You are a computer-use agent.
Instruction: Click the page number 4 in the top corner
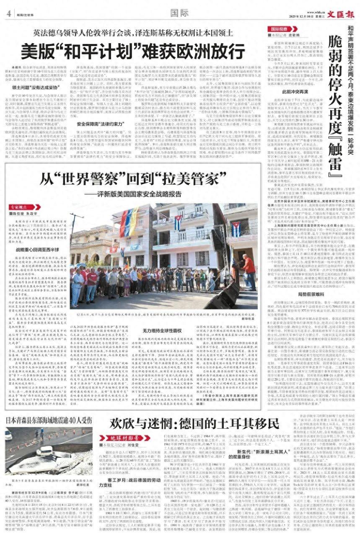coord(8,13)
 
